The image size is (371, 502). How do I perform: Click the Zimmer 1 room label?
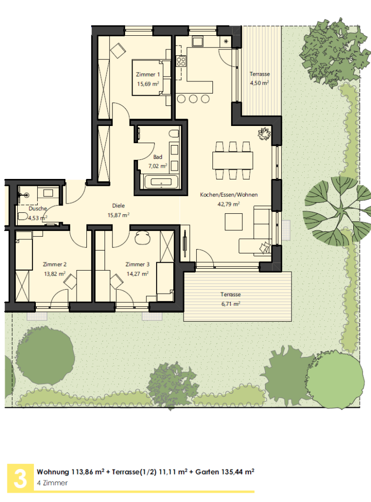coord(148,75)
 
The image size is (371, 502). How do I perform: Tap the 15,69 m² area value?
coord(148,84)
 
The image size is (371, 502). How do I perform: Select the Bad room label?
coord(158,157)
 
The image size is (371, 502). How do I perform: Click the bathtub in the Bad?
coord(161,181)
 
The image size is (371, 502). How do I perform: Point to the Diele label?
coord(119,205)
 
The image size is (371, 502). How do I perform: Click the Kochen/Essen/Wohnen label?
coord(229,195)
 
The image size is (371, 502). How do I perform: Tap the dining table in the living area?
coord(233,160)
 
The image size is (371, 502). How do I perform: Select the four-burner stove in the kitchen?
coord(181,61)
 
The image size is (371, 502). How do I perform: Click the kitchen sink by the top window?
coord(197,42)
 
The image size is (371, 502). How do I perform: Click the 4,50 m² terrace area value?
coord(259,83)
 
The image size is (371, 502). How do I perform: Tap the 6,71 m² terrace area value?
coord(231,303)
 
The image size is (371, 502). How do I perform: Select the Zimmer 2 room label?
coord(55,264)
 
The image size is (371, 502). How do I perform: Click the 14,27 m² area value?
coord(137,274)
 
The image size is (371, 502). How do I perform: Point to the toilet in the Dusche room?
coord(23,216)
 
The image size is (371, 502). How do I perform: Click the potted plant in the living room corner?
coord(265,133)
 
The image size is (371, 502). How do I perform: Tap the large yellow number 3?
coord(21,478)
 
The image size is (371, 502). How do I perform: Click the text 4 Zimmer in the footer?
coord(52,483)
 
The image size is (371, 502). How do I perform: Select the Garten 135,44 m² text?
coord(225,472)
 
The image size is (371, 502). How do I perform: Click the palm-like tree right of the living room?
coord(337,211)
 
